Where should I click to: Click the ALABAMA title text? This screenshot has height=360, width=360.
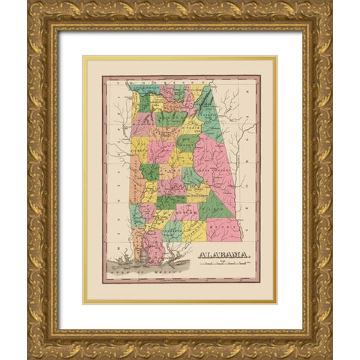(224, 255)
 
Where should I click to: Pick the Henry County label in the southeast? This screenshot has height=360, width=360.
(223, 224)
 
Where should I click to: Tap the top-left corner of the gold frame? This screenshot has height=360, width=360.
(31, 4)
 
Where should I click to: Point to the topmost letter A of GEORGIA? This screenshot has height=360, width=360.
(248, 91)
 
